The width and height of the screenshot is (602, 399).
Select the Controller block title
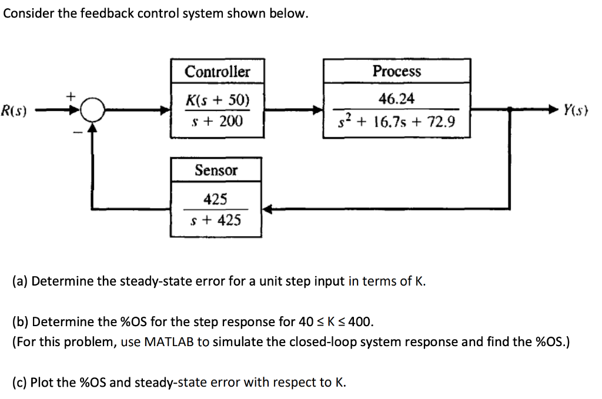tap(217, 72)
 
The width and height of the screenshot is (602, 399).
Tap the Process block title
tap(397, 71)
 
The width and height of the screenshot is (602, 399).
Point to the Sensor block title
tap(216, 170)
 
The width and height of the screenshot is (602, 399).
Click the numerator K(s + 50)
tap(217, 99)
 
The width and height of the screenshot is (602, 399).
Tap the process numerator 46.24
tap(397, 98)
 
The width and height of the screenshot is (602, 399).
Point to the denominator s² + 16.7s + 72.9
tap(397, 122)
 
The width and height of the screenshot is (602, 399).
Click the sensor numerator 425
tap(215, 199)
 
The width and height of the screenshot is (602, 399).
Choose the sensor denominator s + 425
tap(216, 220)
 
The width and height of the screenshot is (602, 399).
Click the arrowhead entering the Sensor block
tap(266, 209)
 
